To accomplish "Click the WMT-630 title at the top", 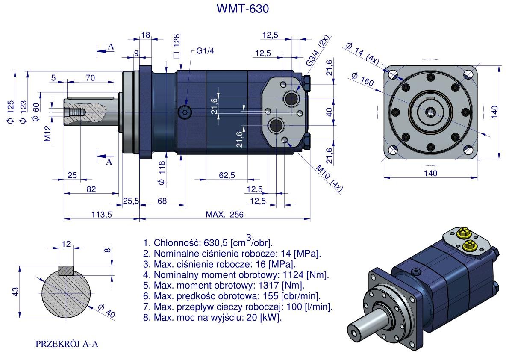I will [243, 9].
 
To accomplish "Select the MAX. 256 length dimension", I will [224, 215].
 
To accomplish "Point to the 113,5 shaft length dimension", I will [101, 215].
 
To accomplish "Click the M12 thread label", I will [48, 133].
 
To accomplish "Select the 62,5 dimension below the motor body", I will [227, 175].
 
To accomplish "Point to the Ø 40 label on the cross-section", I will [106, 310].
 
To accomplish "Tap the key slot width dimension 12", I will [66, 244].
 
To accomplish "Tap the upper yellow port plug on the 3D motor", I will [463, 233].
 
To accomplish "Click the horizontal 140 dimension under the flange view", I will [430, 173].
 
